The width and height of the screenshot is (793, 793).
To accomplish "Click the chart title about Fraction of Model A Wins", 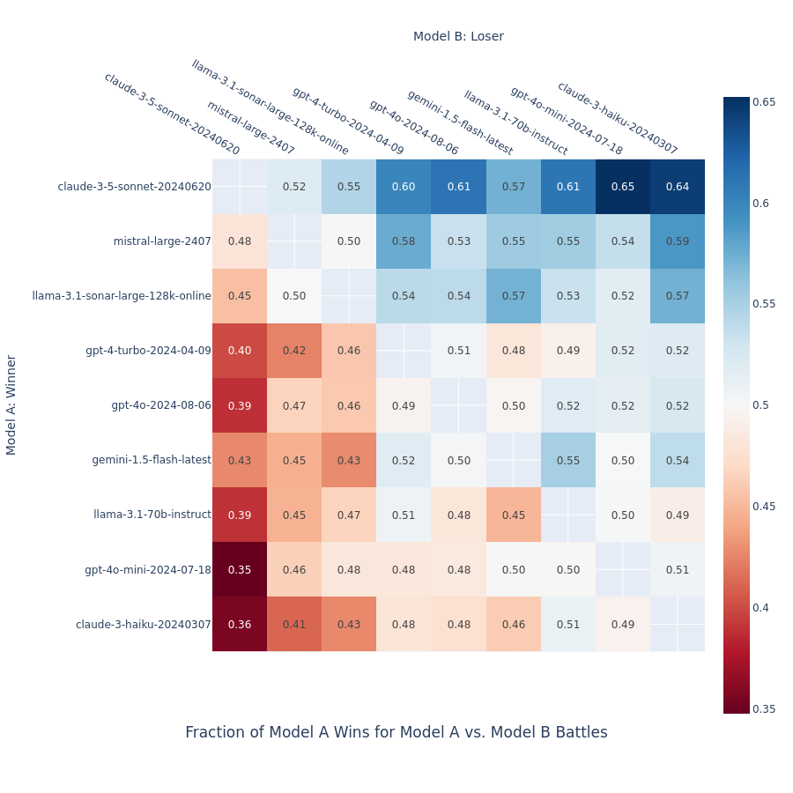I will (x=396, y=732).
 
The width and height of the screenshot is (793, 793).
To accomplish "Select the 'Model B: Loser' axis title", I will (x=458, y=36).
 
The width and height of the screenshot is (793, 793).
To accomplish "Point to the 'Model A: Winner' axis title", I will (x=11, y=404).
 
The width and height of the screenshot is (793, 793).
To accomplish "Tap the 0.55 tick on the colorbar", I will (x=763, y=304).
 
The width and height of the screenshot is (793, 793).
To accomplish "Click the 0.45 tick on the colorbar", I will (x=763, y=507).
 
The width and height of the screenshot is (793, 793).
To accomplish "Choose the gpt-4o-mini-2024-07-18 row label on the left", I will (x=148, y=570).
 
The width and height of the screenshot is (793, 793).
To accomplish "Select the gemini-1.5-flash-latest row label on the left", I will (x=152, y=460).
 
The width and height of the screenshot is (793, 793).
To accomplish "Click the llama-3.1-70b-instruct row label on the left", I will (x=152, y=515).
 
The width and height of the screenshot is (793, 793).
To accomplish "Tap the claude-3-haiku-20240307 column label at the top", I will (x=617, y=118).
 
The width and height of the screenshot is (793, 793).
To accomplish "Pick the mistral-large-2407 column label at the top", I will (x=250, y=128).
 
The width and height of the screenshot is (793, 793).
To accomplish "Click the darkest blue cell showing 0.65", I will (x=623, y=187).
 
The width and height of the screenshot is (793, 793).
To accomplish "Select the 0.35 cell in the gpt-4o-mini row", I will (x=240, y=570).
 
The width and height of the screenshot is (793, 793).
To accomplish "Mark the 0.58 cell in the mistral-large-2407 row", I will (x=404, y=241).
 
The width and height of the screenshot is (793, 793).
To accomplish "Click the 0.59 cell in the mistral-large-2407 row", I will (x=678, y=241).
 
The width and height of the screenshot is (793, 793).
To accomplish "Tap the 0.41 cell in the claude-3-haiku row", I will (x=294, y=625).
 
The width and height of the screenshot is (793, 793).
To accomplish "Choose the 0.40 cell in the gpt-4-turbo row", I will (x=240, y=351).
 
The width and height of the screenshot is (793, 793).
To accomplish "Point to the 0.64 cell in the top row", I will (x=678, y=187).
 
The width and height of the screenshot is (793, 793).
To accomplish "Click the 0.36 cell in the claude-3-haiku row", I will (x=240, y=625).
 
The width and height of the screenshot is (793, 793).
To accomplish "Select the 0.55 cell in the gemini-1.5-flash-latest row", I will (x=568, y=460).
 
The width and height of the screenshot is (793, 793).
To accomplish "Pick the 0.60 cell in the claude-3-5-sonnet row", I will (x=404, y=187).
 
